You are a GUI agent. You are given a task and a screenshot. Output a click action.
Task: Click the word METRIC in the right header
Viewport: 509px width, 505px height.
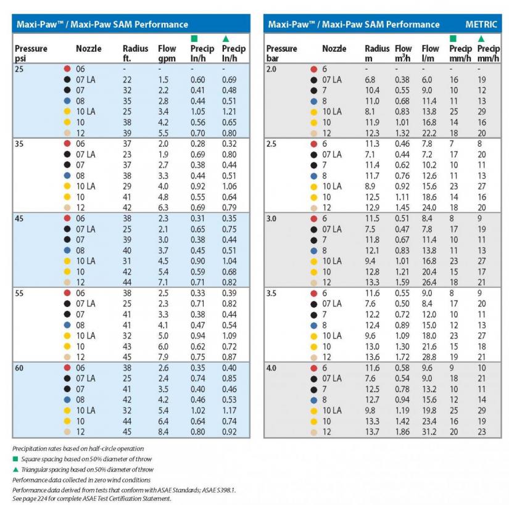481,24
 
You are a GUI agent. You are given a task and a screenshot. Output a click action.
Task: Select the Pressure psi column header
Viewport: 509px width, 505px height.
31,53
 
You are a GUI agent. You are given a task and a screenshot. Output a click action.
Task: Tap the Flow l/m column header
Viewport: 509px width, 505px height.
430,53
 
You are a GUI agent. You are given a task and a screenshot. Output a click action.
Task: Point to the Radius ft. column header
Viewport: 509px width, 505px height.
135,53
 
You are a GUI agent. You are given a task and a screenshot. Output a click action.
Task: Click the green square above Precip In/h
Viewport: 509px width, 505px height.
194,39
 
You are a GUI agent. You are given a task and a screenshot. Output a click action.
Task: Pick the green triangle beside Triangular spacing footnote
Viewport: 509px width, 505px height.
15,469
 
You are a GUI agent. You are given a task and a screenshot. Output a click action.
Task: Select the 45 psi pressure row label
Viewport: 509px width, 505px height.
19,219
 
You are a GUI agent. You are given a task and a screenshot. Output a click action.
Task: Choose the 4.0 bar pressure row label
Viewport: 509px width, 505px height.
271,368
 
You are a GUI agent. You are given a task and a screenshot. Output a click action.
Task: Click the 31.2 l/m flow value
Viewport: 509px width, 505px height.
429,432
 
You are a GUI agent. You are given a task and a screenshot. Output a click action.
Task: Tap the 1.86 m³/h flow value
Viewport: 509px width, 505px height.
402,432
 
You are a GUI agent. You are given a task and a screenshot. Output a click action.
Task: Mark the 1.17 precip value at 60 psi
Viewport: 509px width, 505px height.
229,410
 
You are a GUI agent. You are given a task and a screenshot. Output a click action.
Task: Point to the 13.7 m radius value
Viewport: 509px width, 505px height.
372,432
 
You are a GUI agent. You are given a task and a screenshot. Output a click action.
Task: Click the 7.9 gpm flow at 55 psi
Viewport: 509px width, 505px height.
163,357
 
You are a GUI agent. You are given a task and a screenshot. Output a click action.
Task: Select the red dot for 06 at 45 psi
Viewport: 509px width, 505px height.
67,218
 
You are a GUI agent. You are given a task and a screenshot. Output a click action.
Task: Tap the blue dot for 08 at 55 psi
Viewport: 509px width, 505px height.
67,325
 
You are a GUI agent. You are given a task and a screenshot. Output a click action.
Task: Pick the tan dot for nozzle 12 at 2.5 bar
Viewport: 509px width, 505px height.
313,208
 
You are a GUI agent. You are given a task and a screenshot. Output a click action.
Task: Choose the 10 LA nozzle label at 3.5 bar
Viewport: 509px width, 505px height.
332,335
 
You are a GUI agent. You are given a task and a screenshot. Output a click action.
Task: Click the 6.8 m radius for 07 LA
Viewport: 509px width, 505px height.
370,80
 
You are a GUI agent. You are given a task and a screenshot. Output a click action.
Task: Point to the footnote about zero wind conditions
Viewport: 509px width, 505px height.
81,480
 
